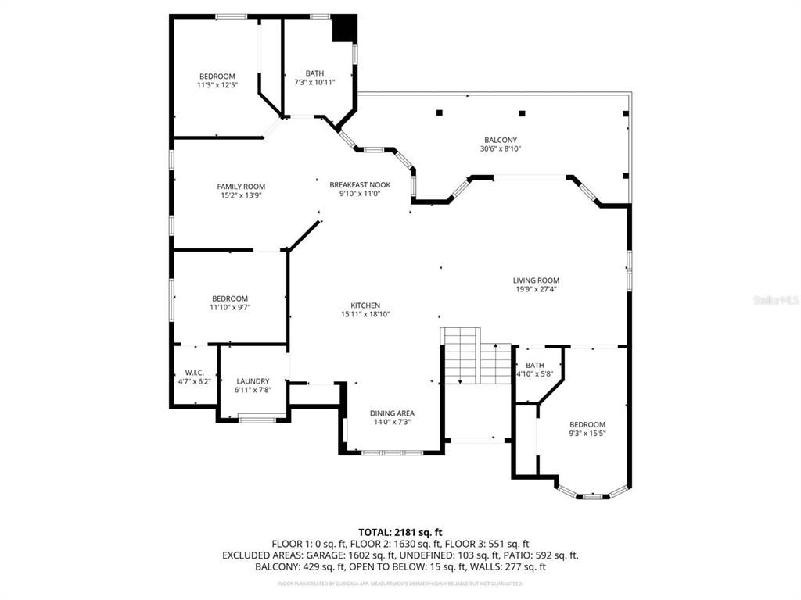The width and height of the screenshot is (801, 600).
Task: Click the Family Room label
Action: click(x=241, y=187)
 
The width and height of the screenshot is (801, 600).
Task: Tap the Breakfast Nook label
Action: click(x=360, y=184)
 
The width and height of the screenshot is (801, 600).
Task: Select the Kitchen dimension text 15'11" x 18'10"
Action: click(x=365, y=314)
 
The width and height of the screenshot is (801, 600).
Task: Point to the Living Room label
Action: click(x=536, y=280)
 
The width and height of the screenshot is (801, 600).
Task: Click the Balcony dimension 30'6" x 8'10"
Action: click(x=501, y=148)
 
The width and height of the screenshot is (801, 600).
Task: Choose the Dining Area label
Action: click(x=392, y=413)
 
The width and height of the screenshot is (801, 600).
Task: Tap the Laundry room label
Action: click(x=253, y=381)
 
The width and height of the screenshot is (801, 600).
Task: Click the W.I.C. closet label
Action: click(x=195, y=372)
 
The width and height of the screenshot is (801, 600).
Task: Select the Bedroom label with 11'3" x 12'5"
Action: click(x=217, y=77)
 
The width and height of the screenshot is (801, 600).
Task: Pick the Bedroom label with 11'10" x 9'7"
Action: click(x=230, y=298)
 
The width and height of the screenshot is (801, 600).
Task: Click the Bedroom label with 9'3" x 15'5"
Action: click(x=587, y=424)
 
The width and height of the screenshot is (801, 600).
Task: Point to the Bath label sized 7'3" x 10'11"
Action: click(x=314, y=73)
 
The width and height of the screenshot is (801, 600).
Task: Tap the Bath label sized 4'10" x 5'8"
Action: click(x=535, y=365)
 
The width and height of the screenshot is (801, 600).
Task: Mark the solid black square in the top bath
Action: click(x=344, y=30)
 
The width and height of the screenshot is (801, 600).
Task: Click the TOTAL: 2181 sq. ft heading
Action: click(x=400, y=532)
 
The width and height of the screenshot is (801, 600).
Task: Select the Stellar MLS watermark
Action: click(x=774, y=300)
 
